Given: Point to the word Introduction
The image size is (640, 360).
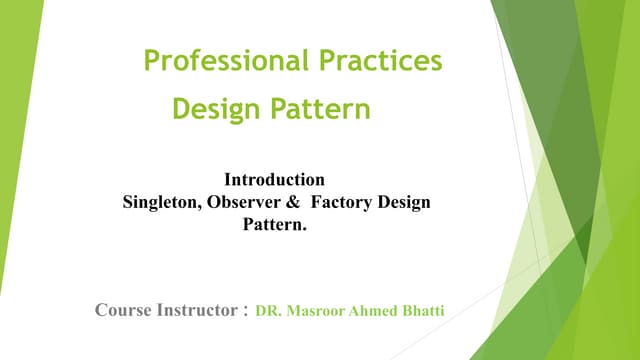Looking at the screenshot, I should click(275, 181).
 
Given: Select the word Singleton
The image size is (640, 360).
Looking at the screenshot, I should click(160, 203).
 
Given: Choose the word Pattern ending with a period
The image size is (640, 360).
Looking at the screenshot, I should click(276, 225).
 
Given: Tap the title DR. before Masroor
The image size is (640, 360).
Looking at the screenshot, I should click(269, 312).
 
